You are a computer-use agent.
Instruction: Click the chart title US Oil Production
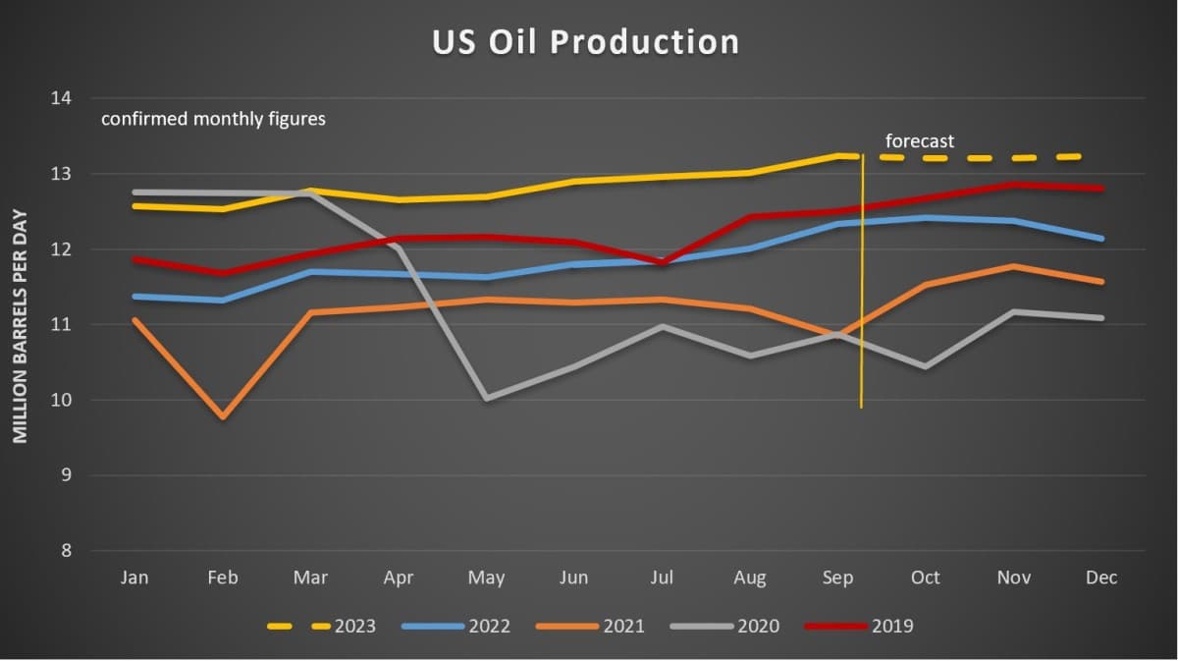[586, 41]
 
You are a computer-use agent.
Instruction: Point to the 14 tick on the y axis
[62, 98]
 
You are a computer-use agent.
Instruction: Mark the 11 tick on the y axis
[62, 324]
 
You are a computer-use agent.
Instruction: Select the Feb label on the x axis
[223, 578]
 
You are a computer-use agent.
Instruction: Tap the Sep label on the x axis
[837, 578]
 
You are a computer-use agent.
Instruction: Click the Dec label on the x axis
[1101, 578]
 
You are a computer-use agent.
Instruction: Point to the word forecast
[920, 141]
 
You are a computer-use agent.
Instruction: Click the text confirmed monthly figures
[213, 120]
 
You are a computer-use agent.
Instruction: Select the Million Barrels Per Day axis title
[21, 325]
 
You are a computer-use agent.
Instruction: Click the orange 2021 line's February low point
[224, 416]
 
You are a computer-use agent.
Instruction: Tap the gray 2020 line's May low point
[487, 398]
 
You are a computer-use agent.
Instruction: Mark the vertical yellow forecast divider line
[862, 295]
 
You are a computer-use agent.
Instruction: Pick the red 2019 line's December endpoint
[1101, 189]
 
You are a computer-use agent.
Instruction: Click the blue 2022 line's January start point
[135, 296]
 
